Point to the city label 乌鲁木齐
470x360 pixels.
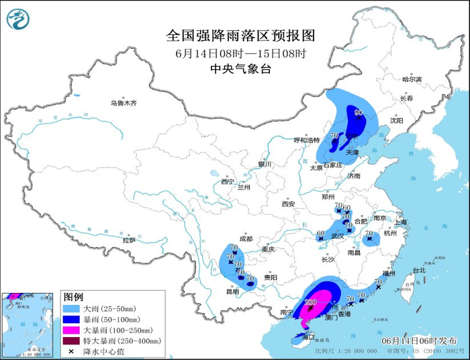pyautogui.click(x=124, y=103)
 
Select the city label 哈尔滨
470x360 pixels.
pyautogui.click(x=412, y=79)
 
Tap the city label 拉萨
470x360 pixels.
pyautogui.click(x=129, y=240)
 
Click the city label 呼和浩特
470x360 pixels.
pyautogui.click(x=307, y=140)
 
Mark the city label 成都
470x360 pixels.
pyautogui.click(x=245, y=238)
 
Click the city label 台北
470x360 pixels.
pyautogui.click(x=418, y=270)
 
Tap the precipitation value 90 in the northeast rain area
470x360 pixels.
pyautogui.click(x=358, y=113)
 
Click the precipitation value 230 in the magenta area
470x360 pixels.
pyautogui.click(x=311, y=303)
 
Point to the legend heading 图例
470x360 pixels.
pyautogui.click(x=73, y=297)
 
